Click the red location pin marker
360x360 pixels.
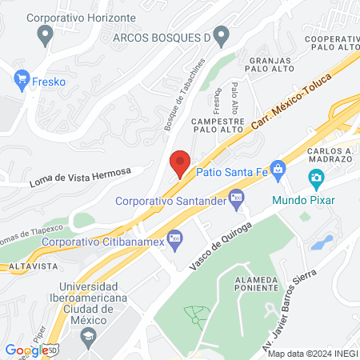click(x=180, y=163)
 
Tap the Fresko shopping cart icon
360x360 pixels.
click(x=22, y=79)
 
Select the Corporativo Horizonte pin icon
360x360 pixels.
click(x=46, y=34)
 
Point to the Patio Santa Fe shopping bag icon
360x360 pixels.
click(x=277, y=169)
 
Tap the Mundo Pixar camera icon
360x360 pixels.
click(x=316, y=178)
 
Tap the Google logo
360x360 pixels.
click(x=26, y=350)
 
